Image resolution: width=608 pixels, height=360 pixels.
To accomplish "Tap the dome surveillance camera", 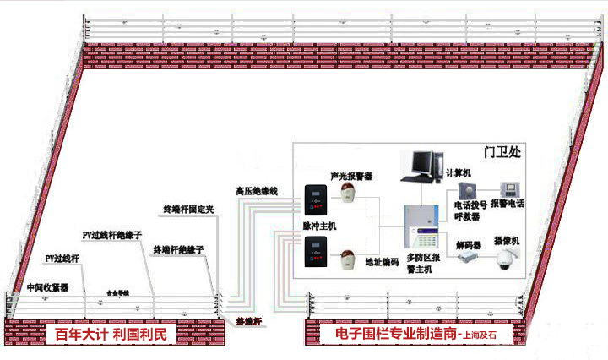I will pyautogui.click(x=508, y=261).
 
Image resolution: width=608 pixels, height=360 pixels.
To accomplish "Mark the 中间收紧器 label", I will pyautogui.click(x=47, y=286).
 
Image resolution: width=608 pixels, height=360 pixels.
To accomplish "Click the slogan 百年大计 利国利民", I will pyautogui.click(x=111, y=335).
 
